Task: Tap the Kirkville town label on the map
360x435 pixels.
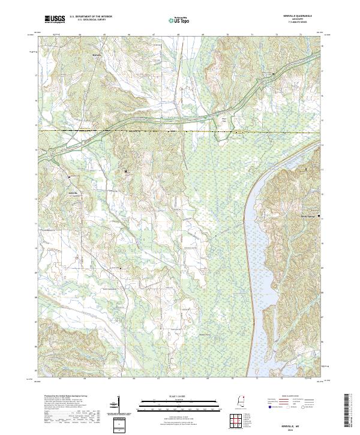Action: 74,193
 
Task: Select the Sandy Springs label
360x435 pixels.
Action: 307,215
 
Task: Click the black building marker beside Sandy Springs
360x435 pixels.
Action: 319,216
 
